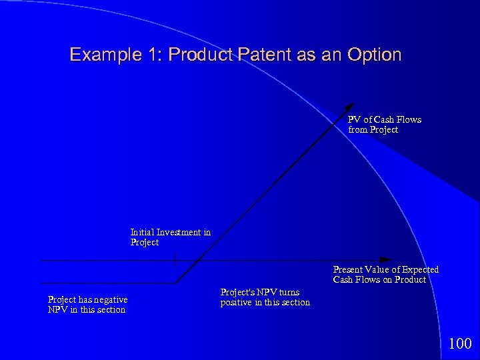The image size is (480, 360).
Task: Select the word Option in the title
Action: (374, 55)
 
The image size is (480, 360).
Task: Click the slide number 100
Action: (460, 344)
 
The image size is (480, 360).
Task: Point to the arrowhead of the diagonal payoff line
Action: (351, 107)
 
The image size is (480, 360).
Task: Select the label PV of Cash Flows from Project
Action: (384, 125)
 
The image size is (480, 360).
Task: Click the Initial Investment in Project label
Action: (170, 237)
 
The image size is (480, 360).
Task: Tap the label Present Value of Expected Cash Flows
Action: (385, 275)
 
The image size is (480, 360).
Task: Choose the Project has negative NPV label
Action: (87, 305)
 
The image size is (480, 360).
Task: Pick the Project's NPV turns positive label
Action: (265, 297)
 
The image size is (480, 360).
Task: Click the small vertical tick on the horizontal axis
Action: (175, 260)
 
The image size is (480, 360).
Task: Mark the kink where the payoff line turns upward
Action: (177, 283)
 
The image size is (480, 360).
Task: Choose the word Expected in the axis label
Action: (420, 270)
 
